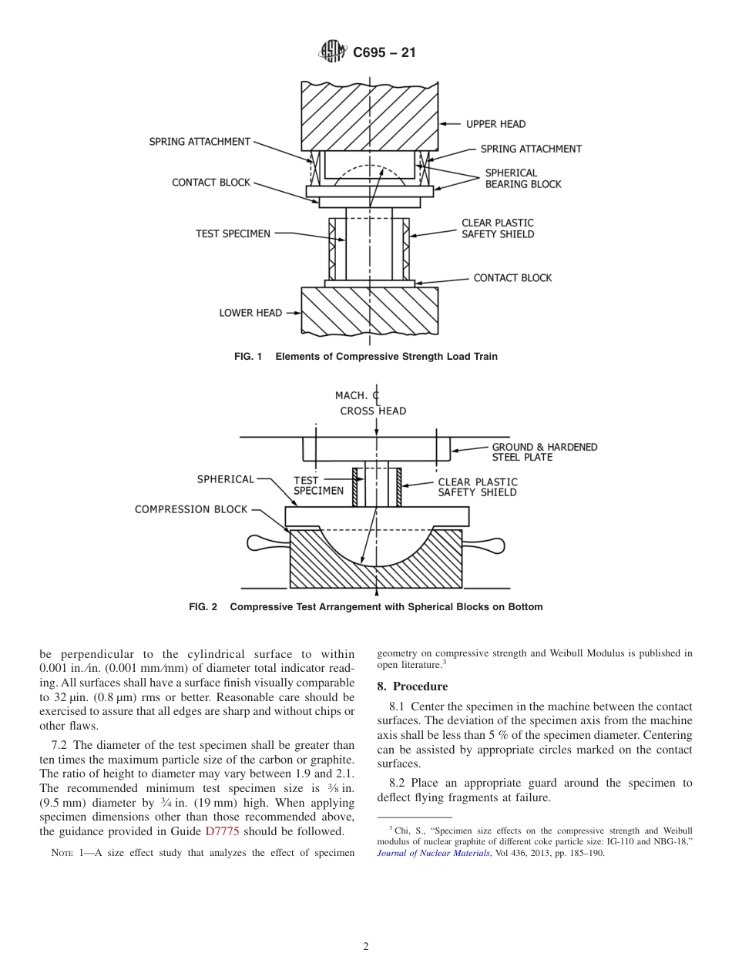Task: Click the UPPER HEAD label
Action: (x=495, y=124)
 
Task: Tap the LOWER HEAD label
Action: (x=250, y=313)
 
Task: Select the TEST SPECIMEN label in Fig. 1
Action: (x=233, y=233)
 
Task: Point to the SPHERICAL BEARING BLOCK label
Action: (x=522, y=179)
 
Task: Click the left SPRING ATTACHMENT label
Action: (x=200, y=142)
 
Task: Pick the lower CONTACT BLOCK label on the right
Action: (x=512, y=278)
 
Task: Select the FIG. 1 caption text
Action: (x=366, y=357)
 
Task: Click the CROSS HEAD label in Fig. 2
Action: (x=373, y=411)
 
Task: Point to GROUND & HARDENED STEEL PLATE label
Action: (x=544, y=452)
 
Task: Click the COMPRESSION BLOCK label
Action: (x=191, y=509)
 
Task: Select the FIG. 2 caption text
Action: (x=366, y=607)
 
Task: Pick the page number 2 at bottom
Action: (x=366, y=947)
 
